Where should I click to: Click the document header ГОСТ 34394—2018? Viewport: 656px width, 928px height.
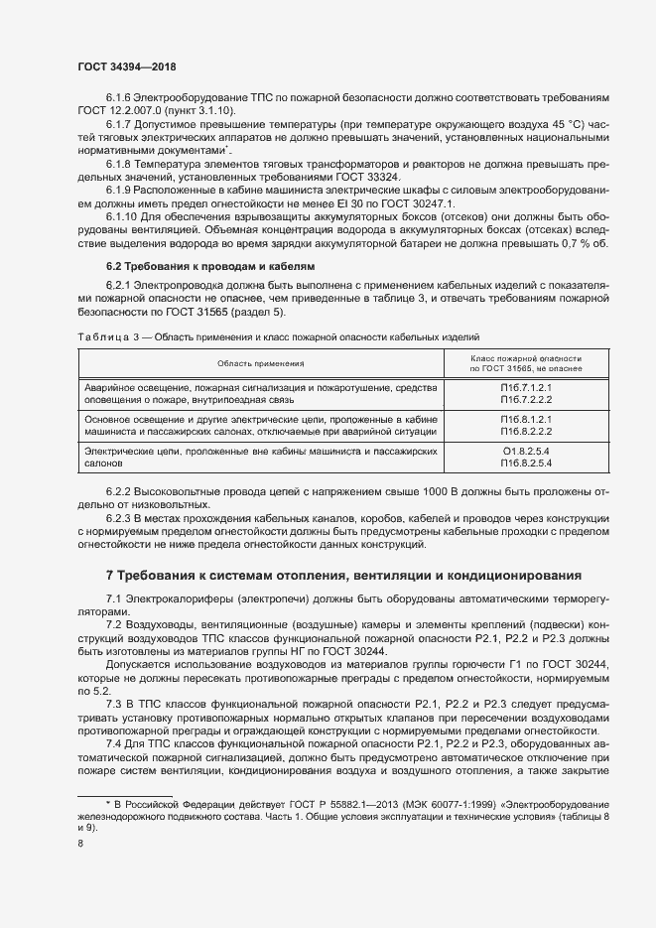tap(127, 66)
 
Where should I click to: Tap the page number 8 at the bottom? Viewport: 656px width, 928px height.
tap(80, 844)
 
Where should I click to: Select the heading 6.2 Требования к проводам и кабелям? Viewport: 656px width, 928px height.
tap(210, 267)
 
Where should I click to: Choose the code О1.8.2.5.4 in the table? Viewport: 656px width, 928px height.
tap(527, 452)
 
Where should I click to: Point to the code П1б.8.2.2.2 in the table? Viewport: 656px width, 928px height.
tap(527, 431)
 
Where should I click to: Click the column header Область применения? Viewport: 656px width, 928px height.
tap(260, 364)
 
